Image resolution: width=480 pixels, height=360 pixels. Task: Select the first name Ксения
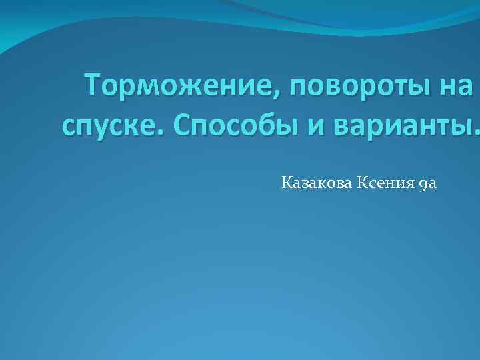click(x=388, y=181)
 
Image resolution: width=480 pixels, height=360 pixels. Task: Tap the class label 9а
click(x=429, y=181)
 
